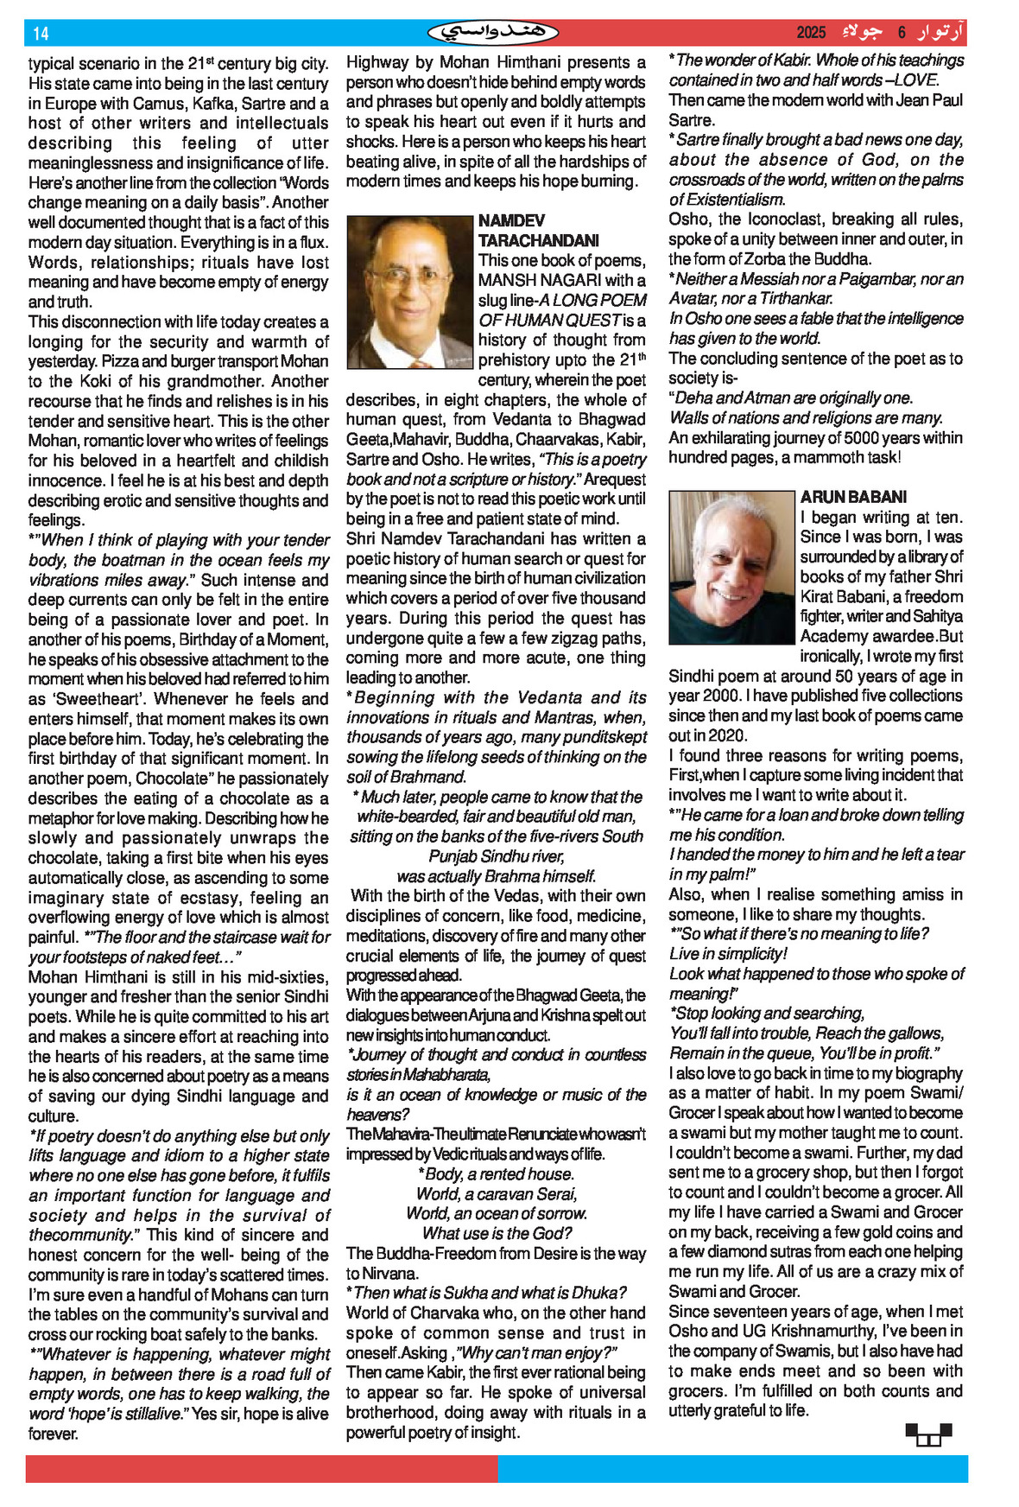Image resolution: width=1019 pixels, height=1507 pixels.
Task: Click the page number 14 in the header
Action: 41,34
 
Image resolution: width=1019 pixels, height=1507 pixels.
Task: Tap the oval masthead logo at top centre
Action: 493,33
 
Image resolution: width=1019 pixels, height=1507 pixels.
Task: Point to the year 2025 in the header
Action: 811,33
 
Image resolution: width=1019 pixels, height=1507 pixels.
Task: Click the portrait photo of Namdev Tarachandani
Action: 410,292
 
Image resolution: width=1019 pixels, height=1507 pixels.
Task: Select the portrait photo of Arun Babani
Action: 731,568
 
